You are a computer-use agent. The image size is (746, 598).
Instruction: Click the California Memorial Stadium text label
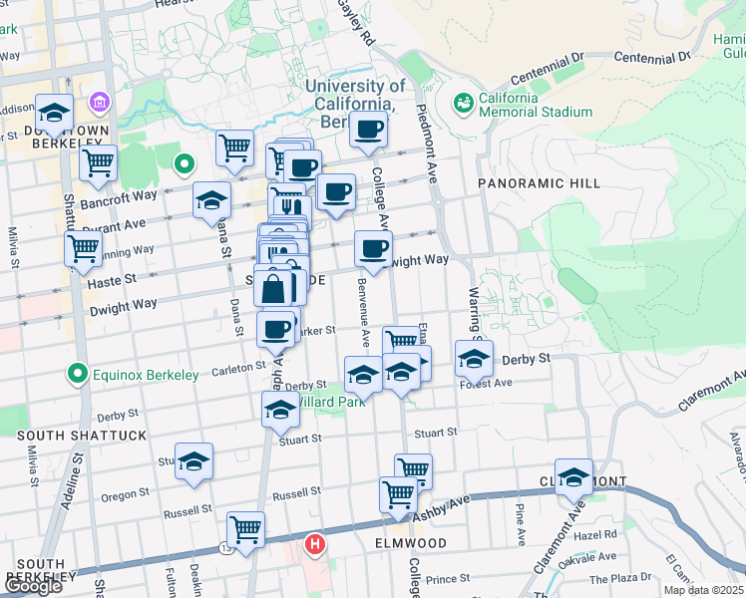coord(535,105)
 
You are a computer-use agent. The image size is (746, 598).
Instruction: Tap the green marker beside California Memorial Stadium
coord(463,103)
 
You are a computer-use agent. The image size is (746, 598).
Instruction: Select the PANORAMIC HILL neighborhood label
coord(539,183)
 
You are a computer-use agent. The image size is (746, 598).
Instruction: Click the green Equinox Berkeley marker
coord(75,375)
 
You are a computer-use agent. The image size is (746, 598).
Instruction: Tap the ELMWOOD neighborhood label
coord(410,543)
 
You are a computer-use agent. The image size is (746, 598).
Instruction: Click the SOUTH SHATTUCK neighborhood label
coord(81,436)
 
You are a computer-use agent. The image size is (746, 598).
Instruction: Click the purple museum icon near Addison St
coord(100,102)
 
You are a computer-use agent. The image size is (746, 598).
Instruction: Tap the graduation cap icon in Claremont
coord(573,477)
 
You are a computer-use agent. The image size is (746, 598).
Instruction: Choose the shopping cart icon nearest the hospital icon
coord(245,530)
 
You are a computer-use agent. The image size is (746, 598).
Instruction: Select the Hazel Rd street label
coord(595,534)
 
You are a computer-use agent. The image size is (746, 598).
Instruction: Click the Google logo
coord(33,586)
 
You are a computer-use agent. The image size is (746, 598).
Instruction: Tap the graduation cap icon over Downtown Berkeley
coord(54,112)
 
